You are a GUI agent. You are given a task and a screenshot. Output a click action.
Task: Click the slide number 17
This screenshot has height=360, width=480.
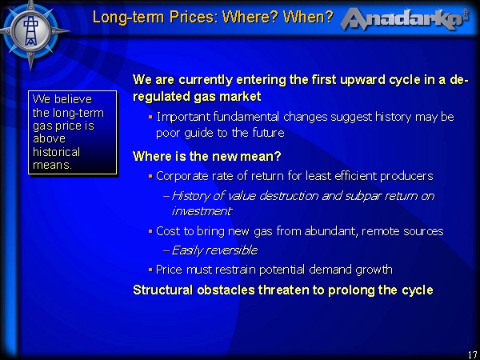(x=471, y=354)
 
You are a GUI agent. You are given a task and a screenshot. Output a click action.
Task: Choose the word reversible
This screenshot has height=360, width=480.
(x=229, y=250)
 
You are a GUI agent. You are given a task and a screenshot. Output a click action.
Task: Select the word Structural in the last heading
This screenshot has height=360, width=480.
(x=163, y=290)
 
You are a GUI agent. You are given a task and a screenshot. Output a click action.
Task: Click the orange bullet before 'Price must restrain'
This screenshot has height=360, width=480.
(x=150, y=270)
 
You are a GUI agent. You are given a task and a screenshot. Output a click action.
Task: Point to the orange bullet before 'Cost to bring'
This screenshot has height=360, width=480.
(x=150, y=231)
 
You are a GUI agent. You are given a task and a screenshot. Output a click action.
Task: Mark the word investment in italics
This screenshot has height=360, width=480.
(x=201, y=211)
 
